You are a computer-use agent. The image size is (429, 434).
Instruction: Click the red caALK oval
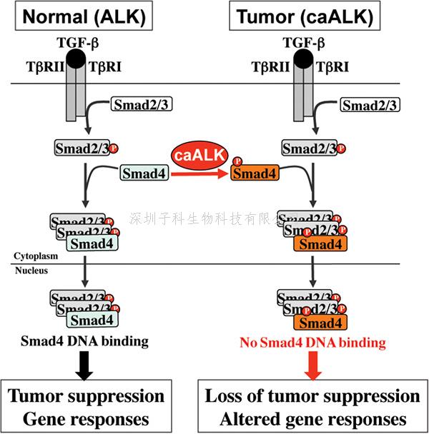tap(199, 154)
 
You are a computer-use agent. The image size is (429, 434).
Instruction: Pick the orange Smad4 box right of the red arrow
tap(255, 173)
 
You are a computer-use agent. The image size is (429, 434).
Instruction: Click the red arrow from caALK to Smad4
tap(197, 173)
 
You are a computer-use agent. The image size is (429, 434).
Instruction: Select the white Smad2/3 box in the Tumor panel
tap(370, 106)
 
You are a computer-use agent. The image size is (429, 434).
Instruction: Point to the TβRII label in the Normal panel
tap(41, 68)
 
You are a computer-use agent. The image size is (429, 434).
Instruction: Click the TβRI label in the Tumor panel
tap(337, 68)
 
